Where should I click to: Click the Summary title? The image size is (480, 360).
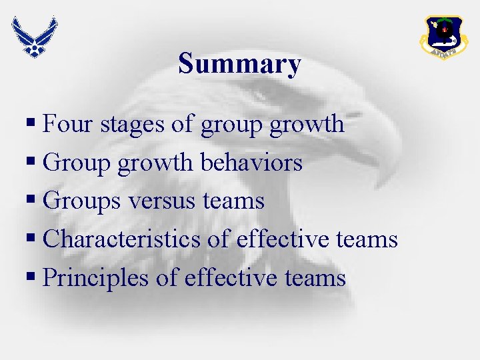(x=239, y=64)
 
